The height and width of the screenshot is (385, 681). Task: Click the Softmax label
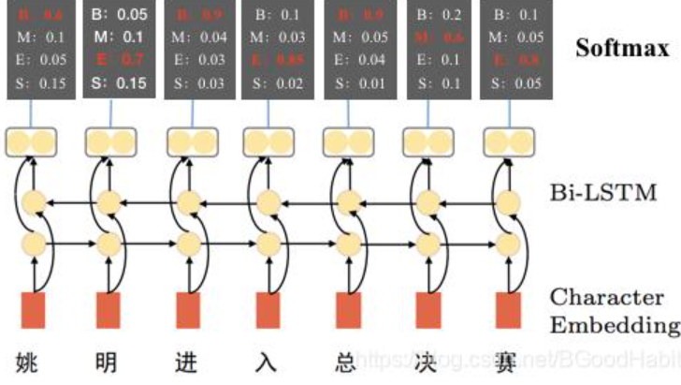pos(621,49)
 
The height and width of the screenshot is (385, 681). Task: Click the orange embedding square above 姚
pos(34,310)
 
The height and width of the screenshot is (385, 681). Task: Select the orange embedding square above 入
pos(268,310)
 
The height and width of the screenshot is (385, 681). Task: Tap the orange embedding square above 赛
pos(508,310)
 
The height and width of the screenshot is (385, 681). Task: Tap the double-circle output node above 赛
pos(507,142)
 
